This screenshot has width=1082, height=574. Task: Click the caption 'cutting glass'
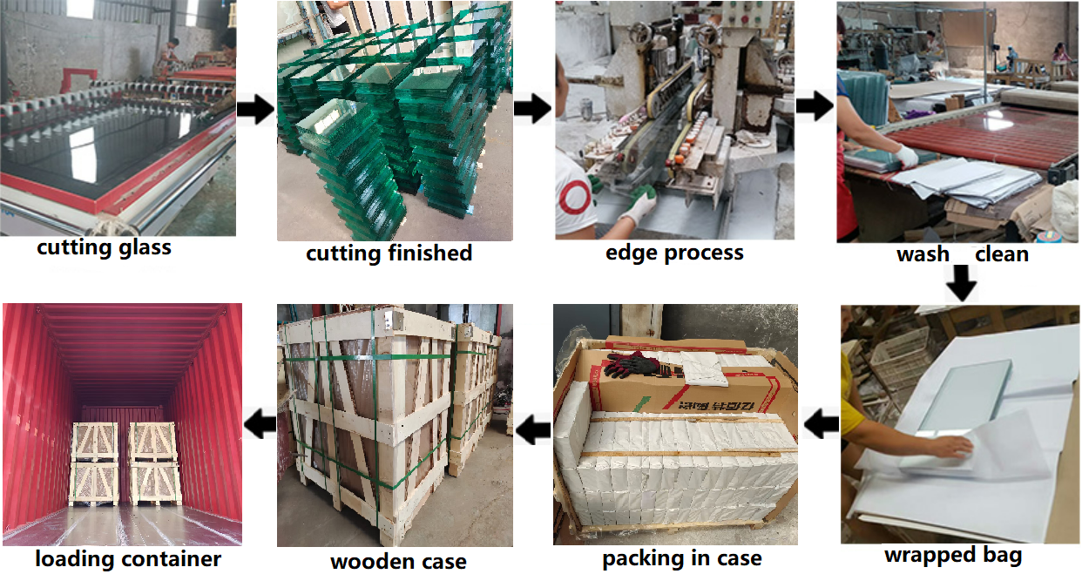[x=104, y=247]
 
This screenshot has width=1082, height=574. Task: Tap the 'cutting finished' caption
[x=389, y=253]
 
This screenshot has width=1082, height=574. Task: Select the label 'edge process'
[x=674, y=253]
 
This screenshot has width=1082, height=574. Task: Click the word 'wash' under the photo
[x=923, y=254]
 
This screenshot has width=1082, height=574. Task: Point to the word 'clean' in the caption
[x=1002, y=254]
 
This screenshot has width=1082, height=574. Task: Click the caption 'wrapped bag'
[x=952, y=555]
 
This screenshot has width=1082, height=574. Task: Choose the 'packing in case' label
[x=681, y=558]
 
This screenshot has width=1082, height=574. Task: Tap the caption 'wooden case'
[x=398, y=561]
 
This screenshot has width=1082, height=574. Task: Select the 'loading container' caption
[x=128, y=558]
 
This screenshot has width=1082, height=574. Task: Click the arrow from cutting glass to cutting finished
[x=255, y=111]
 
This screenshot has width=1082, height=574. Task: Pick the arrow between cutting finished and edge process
[x=532, y=110]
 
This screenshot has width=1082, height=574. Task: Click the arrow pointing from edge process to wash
[x=815, y=107]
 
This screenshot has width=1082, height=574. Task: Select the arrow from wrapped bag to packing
[x=821, y=425]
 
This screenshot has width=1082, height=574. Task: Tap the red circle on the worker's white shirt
[x=574, y=197]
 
